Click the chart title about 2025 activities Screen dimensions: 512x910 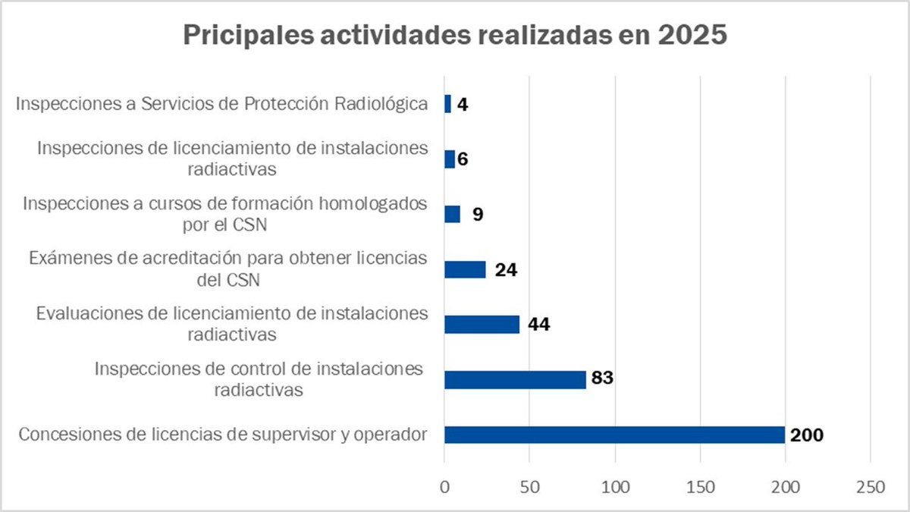click(x=454, y=36)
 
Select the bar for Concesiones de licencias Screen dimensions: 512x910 click(x=614, y=435)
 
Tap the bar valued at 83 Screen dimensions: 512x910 click(x=515, y=379)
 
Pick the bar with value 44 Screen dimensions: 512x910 click(x=482, y=325)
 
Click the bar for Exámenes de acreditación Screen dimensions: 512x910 click(x=465, y=269)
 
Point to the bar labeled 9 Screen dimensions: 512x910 click(x=452, y=214)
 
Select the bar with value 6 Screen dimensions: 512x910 click(x=449, y=159)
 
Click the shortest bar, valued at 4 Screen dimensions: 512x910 click(x=447, y=104)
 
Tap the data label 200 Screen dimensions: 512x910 click(x=806, y=435)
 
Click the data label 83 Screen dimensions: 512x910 click(x=601, y=379)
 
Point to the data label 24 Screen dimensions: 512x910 click(x=506, y=269)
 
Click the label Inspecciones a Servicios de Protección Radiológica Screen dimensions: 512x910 click(x=222, y=104)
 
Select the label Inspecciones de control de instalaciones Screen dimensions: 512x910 click(x=259, y=379)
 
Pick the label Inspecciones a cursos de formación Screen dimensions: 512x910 click(x=224, y=214)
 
